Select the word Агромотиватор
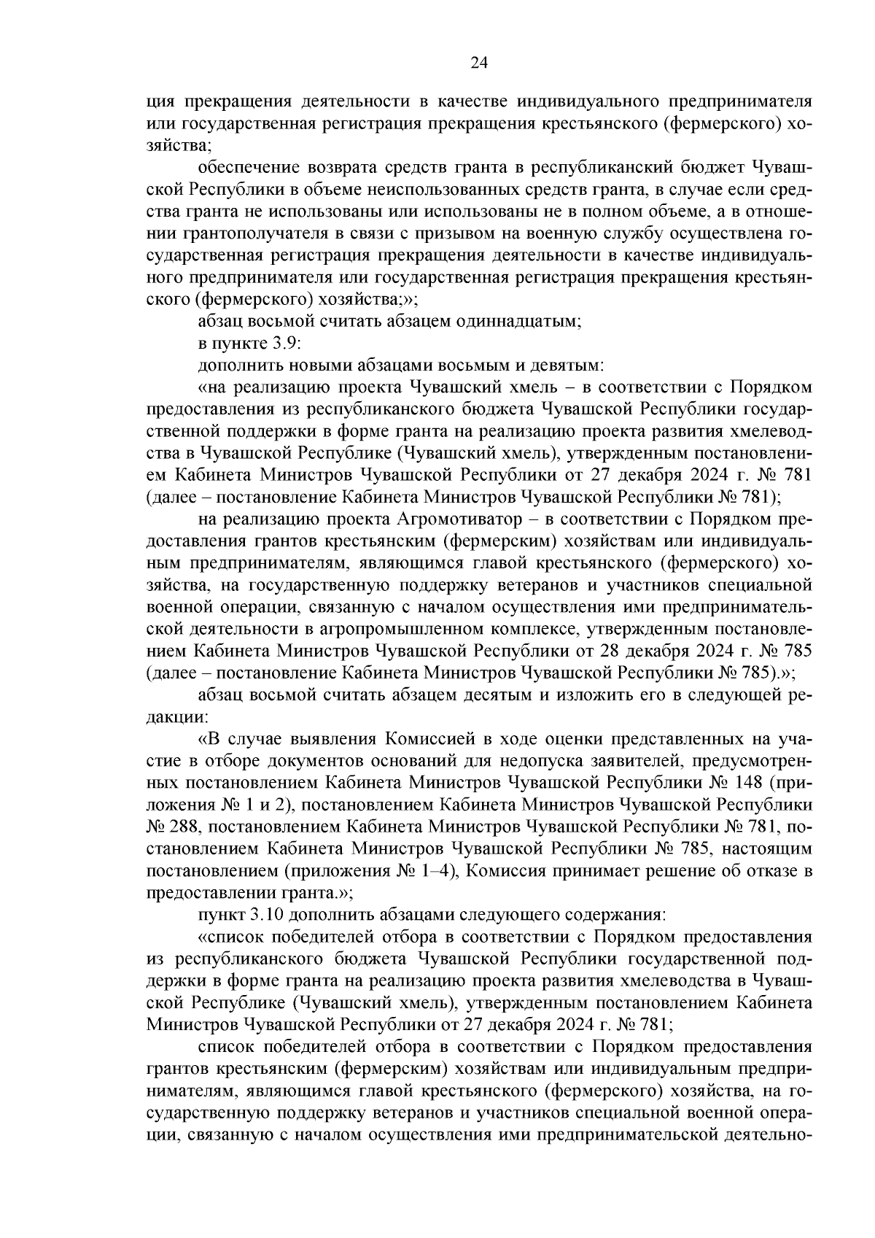coord(460,519)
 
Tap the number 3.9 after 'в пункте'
coord(271,344)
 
